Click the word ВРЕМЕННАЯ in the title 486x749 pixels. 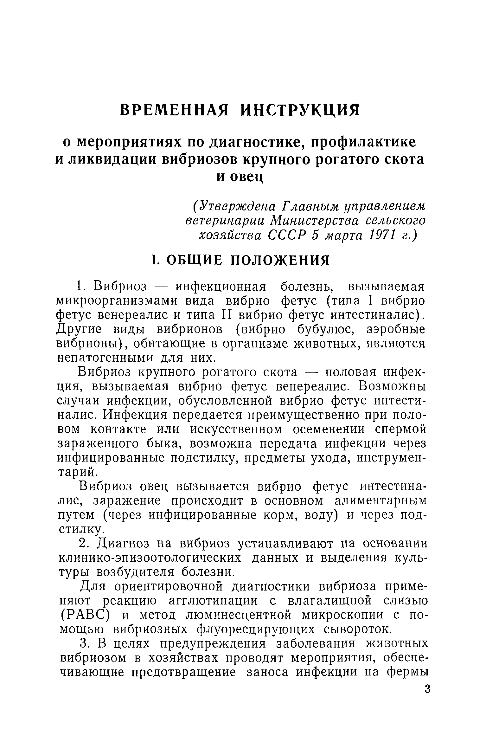(x=174, y=110)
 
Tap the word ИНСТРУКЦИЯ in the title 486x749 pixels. (x=300, y=110)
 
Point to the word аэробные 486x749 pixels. (x=395, y=330)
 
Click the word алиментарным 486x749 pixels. (x=380, y=501)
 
